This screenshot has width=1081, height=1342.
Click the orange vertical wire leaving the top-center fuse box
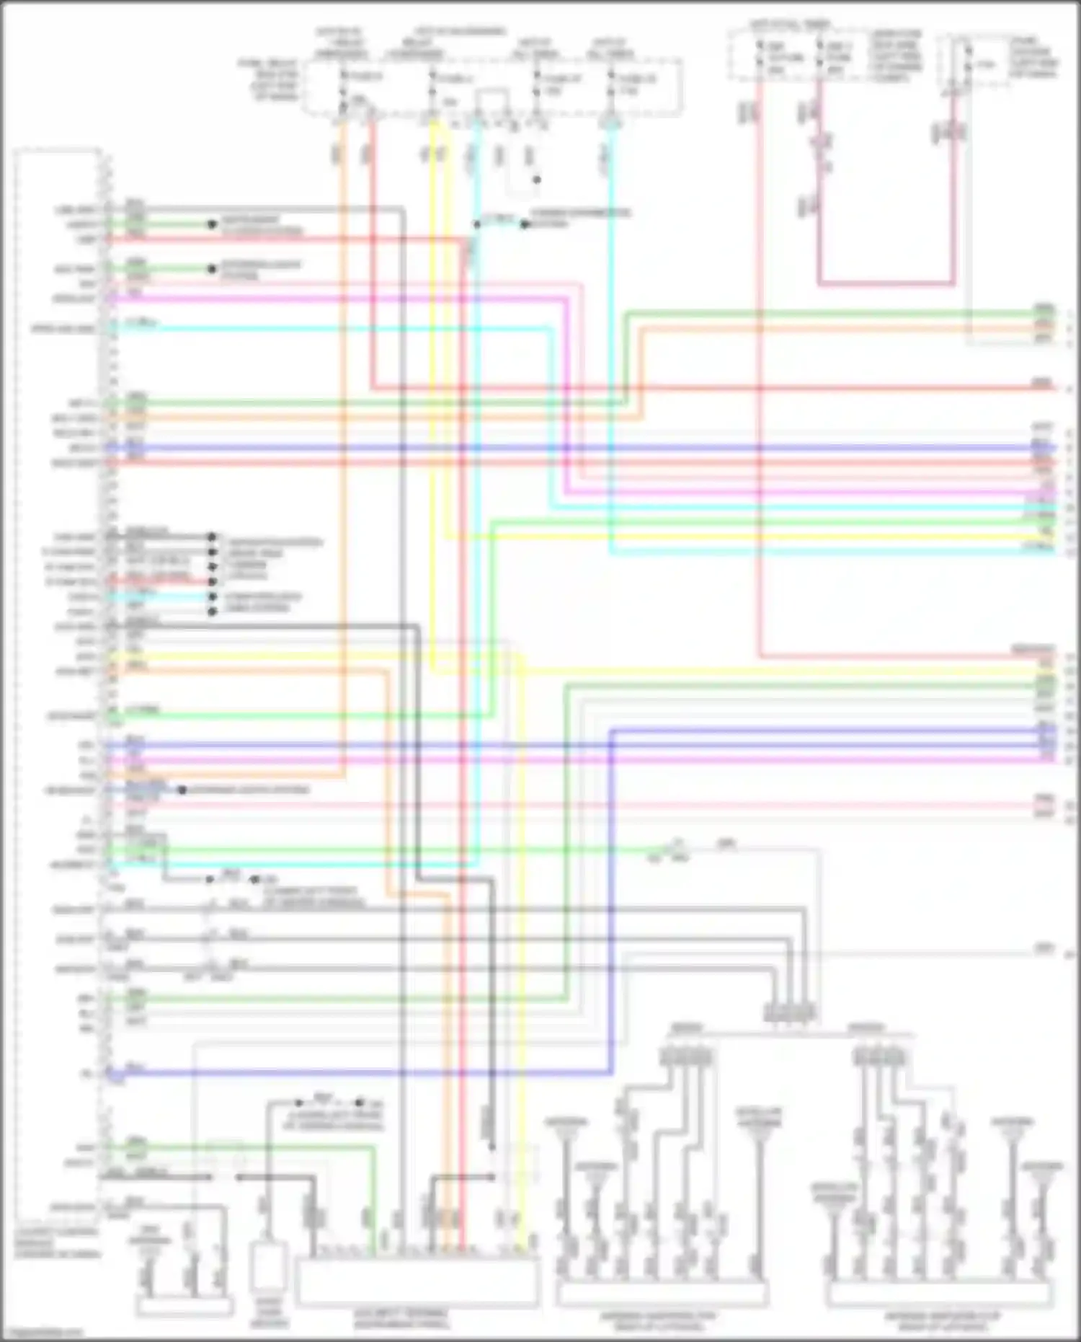click(343, 288)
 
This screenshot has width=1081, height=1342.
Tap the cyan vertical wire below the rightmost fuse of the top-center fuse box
click(611, 288)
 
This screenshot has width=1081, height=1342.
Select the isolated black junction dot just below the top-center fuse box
click(536, 180)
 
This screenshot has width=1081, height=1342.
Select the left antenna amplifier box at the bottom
click(662, 1294)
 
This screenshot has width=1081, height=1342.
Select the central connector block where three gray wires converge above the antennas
click(790, 1012)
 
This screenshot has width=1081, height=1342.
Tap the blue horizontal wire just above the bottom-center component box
click(360, 1073)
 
